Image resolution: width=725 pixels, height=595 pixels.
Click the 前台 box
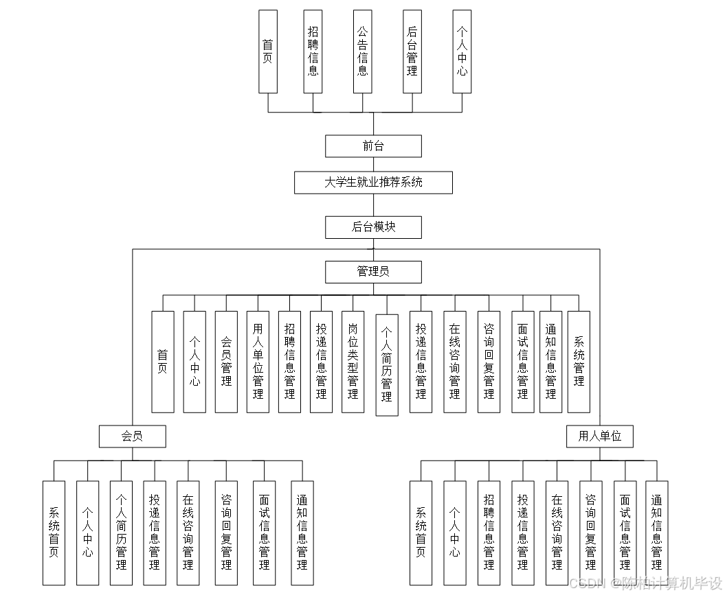coord(373,146)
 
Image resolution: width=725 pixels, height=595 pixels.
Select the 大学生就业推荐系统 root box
coord(373,183)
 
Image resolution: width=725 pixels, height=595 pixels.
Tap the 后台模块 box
coord(373,227)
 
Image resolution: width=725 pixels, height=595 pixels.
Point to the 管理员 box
coord(373,272)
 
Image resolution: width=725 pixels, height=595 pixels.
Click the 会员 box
coord(132,436)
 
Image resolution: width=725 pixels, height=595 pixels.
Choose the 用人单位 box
coord(599,436)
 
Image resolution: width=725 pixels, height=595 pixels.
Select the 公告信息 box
coord(362,51)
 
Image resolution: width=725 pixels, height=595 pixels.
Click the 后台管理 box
coord(412,51)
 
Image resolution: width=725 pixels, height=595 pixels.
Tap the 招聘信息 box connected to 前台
coord(313,51)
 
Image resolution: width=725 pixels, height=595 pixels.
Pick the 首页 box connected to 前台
coord(268,51)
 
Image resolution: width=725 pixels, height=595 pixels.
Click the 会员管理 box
coord(226,362)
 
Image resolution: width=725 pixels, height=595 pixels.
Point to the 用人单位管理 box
coord(258,362)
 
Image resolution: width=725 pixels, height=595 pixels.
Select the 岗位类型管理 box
coord(353,362)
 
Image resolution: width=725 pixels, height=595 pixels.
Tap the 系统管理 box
coord(579,362)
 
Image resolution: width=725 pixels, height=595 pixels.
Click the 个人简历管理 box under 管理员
coord(387,365)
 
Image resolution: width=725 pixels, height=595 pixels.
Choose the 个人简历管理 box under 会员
coord(121,533)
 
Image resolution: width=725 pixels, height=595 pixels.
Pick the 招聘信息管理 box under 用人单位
coord(489,533)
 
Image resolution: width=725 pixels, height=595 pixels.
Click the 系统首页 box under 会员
coord(54,533)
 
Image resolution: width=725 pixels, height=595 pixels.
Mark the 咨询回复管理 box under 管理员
coord(489,362)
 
